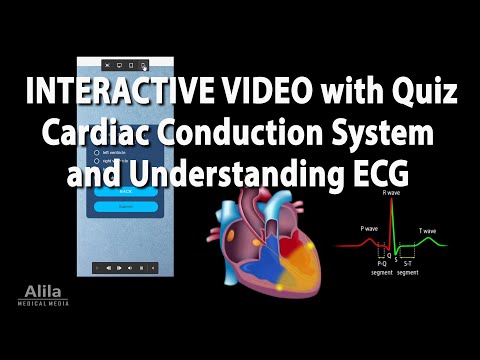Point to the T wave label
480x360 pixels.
coord(427,231)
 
